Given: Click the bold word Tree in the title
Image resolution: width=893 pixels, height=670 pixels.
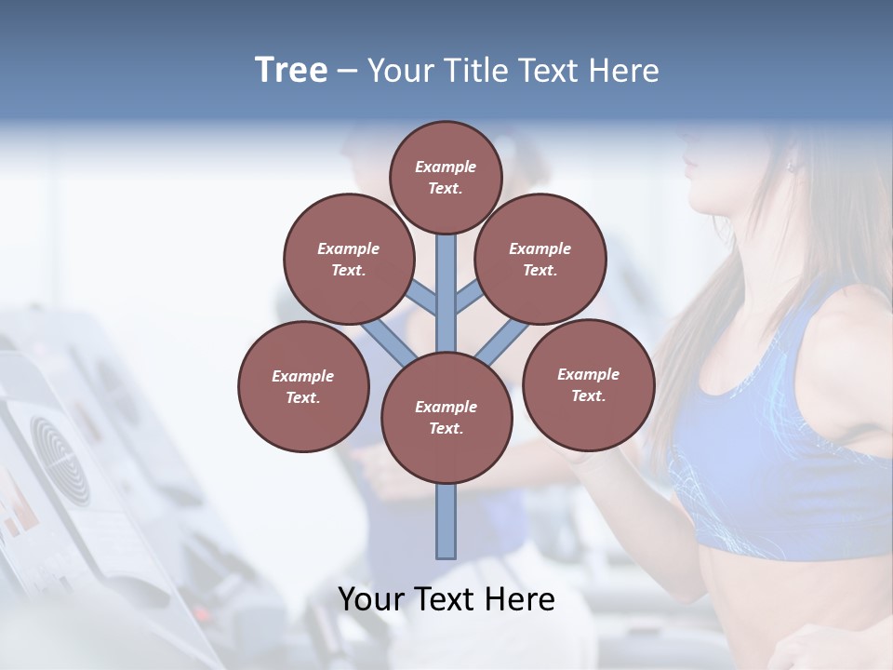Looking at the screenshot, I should (x=291, y=71).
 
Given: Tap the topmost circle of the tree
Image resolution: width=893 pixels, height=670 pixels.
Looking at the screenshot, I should (x=446, y=177).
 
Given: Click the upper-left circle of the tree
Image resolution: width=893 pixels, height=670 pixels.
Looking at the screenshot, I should (x=348, y=259).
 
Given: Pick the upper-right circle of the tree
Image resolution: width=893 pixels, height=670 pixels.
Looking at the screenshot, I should (x=540, y=259).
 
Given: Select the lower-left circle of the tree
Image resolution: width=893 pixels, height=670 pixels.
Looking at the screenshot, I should (x=303, y=386).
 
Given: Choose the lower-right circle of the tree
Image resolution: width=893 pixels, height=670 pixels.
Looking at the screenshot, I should (x=589, y=384).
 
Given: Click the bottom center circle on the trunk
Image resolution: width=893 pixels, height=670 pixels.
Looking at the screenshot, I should (x=446, y=417).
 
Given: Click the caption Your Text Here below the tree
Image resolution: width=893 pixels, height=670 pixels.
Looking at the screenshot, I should (x=446, y=599).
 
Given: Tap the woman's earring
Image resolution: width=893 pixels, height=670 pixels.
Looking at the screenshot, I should (x=792, y=167).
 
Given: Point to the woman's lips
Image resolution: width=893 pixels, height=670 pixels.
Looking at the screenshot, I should (x=689, y=167).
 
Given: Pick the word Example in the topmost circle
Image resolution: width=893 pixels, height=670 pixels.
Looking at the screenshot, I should (x=446, y=167).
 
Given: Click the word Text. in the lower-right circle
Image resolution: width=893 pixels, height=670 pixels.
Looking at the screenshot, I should (x=588, y=395).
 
